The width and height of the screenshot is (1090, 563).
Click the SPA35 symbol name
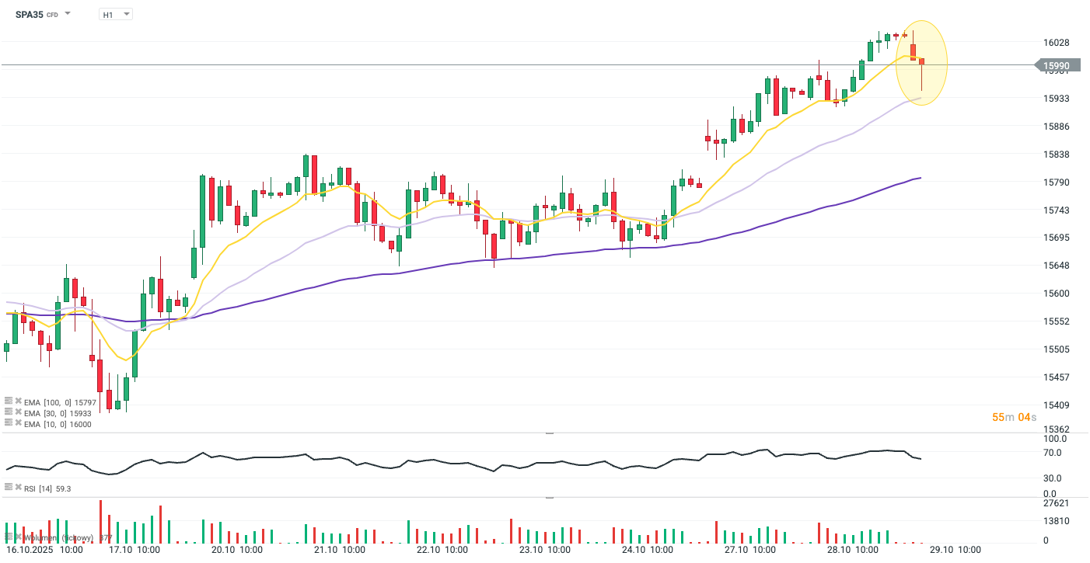[x=29, y=14]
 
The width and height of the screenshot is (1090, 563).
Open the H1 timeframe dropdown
[x=116, y=14]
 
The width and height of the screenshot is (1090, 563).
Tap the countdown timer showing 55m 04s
[x=1014, y=417]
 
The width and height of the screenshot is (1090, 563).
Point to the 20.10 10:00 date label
[x=236, y=550]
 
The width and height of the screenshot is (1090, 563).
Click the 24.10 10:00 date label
[x=647, y=550]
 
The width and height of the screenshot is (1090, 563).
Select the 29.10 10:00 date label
[x=955, y=550]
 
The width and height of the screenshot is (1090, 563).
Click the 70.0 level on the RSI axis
[x=1053, y=452]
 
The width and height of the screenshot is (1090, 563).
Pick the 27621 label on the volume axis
[x=1056, y=503]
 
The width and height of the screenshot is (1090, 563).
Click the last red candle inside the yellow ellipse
[x=921, y=62]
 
